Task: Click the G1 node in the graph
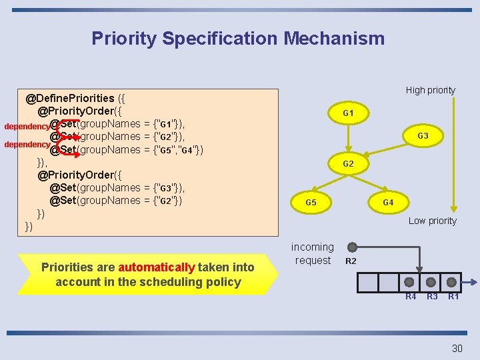click(x=348, y=113)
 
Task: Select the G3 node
click(x=423, y=136)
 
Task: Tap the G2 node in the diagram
click(x=348, y=163)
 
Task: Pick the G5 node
click(x=311, y=201)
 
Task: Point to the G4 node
click(x=387, y=201)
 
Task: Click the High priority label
click(x=431, y=90)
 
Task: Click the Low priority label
click(x=432, y=221)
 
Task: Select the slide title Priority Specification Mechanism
click(x=238, y=38)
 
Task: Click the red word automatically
click(x=156, y=267)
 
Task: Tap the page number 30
click(x=457, y=348)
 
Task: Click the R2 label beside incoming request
click(x=351, y=261)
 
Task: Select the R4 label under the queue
click(x=411, y=296)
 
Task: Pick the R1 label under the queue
click(x=453, y=296)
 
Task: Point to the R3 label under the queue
click(x=432, y=296)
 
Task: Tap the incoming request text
click(x=313, y=253)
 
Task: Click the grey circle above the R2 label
click(x=351, y=247)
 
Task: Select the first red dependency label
click(x=27, y=126)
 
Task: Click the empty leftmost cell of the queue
click(x=368, y=283)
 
